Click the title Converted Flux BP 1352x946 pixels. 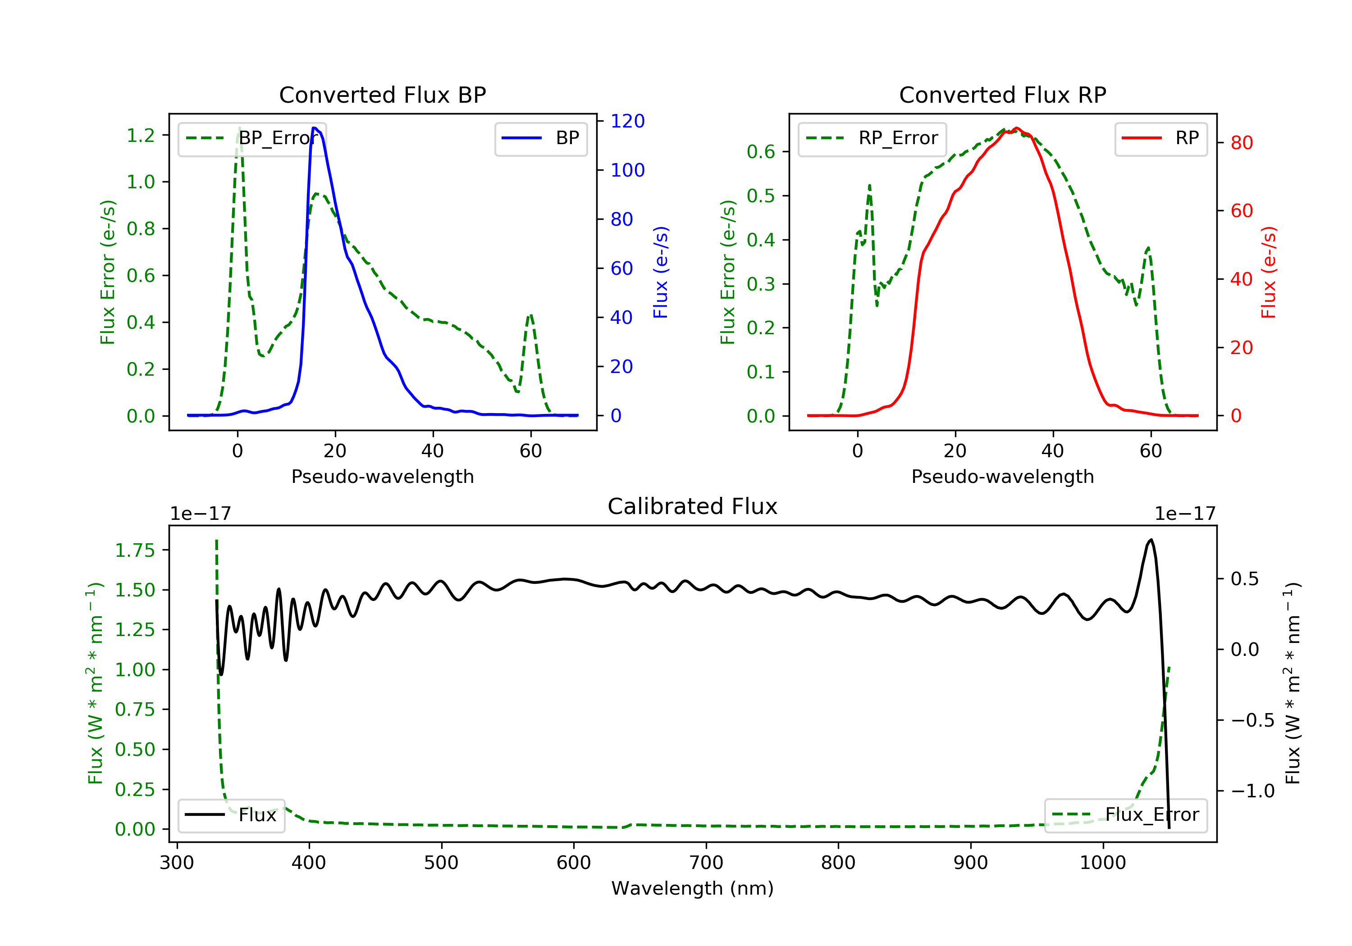(382, 95)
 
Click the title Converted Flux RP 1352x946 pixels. (1002, 95)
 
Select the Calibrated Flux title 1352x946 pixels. (693, 506)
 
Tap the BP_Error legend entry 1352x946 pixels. (252, 138)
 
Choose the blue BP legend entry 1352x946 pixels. (540, 138)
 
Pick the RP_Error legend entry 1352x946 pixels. (872, 138)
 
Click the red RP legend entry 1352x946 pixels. (1160, 138)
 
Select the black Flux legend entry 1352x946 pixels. (231, 815)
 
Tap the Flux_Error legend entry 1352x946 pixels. (1125, 815)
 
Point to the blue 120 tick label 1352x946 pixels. (627, 121)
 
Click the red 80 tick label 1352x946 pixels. (1241, 143)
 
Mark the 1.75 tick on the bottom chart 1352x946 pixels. (135, 550)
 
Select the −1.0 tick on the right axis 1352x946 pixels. (1252, 791)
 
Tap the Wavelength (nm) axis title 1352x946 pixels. (693, 888)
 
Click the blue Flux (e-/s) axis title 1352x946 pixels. (661, 272)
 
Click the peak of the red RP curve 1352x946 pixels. (1016, 128)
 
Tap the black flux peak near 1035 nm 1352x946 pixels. (1151, 539)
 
